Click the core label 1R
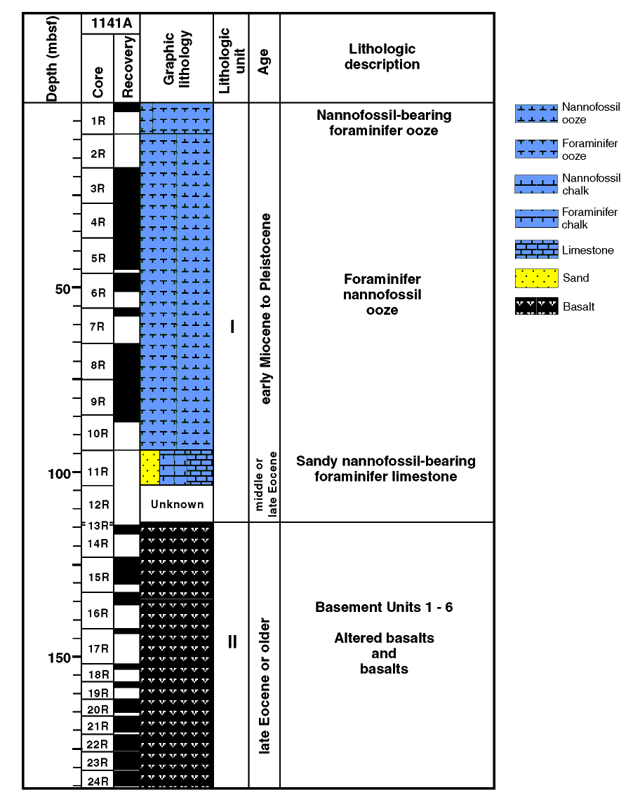(x=98, y=121)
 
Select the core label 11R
(x=98, y=472)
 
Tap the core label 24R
(x=98, y=782)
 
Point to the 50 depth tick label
(x=62, y=289)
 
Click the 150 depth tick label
(x=59, y=658)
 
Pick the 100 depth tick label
(x=59, y=474)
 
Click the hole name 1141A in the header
(x=112, y=23)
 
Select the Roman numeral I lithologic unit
(x=232, y=327)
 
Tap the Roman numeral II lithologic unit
(x=232, y=642)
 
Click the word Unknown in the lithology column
(x=177, y=504)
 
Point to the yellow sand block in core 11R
(x=149, y=468)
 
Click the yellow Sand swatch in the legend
(x=536, y=278)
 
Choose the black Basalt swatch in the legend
(x=536, y=306)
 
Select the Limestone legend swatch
(x=536, y=250)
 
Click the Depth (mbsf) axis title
(x=52, y=58)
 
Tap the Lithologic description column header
(x=382, y=56)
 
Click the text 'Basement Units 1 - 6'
(x=384, y=607)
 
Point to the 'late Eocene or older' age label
(x=264, y=686)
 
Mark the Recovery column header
(x=128, y=67)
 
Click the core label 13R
(x=98, y=526)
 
